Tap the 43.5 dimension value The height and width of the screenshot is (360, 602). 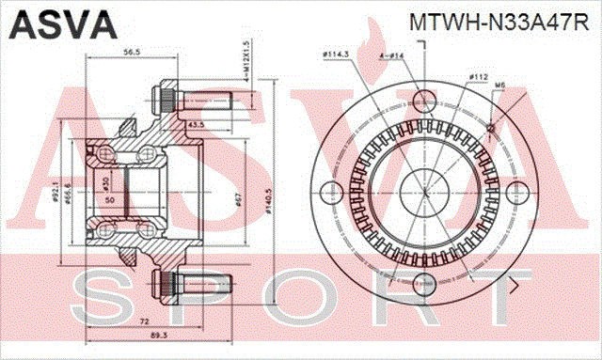[196, 124]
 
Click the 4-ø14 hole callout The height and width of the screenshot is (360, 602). [392, 57]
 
